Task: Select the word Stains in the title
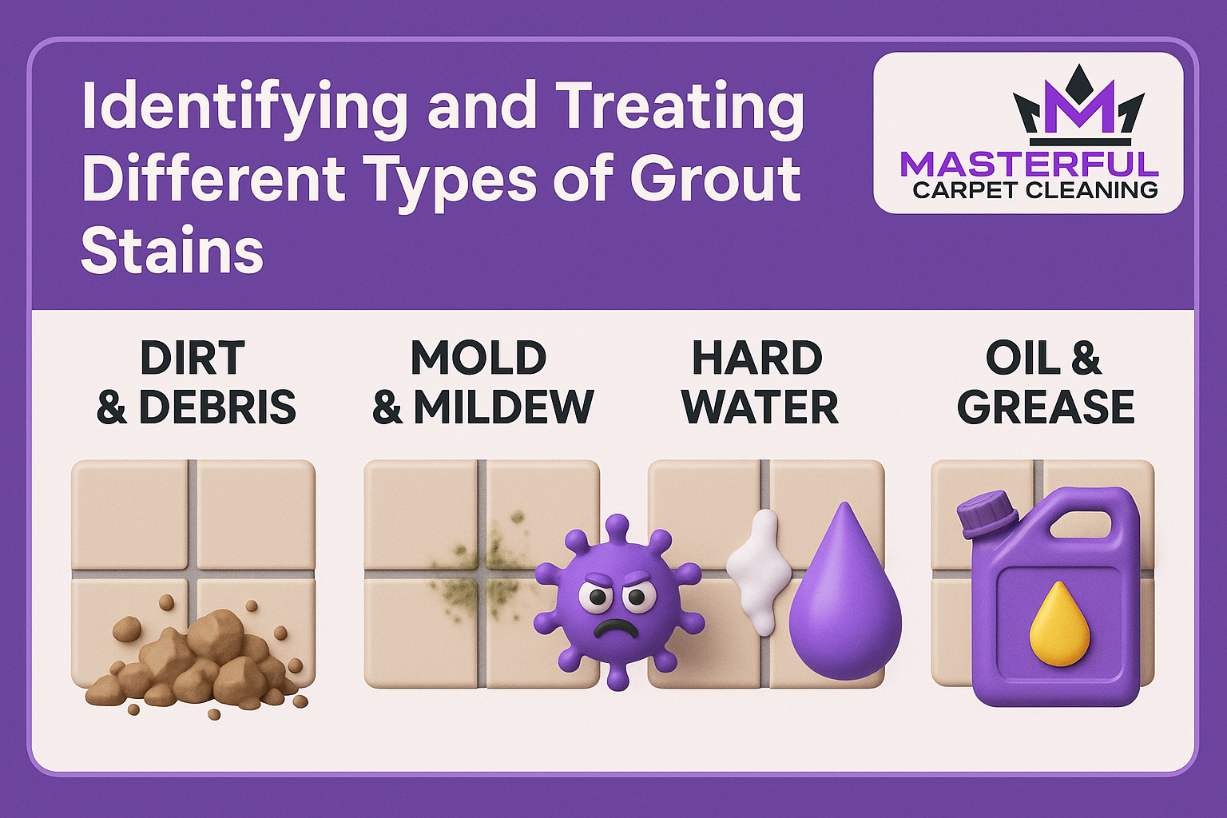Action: click(172, 250)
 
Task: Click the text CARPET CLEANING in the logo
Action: click(1034, 190)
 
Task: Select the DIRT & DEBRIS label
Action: click(196, 383)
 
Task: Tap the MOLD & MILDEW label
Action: click(482, 383)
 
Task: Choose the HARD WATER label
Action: click(760, 383)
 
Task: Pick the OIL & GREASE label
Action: click(1045, 383)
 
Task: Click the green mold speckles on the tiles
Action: click(482, 574)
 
